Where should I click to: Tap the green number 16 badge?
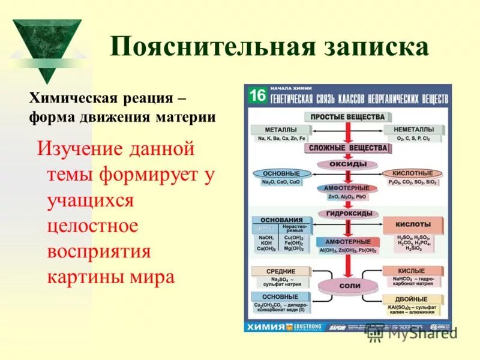[x=257, y=96]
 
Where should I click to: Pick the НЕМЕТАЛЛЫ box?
[x=414, y=130]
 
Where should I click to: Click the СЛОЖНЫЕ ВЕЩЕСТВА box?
[x=347, y=148]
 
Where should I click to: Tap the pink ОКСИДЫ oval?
[x=347, y=164]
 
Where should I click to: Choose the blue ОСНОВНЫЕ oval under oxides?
[x=281, y=173]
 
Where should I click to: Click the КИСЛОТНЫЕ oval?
[x=412, y=173]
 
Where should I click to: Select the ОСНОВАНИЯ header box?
[x=281, y=220]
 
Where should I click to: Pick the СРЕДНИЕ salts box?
[x=281, y=271]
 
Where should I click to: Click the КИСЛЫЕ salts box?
[x=411, y=271]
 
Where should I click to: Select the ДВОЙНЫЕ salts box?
[x=411, y=299]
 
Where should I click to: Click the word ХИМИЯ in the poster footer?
[x=268, y=327]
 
